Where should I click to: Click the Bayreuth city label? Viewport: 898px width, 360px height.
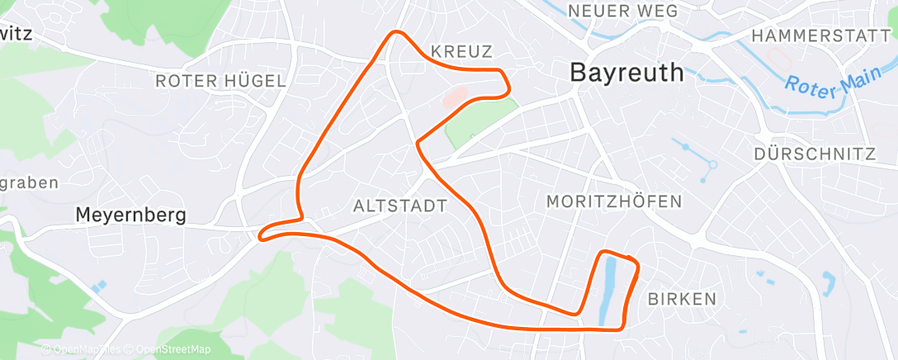click(627, 73)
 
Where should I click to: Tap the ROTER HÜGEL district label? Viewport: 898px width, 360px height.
click(220, 81)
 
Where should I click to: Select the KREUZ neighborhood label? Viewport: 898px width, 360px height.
click(461, 51)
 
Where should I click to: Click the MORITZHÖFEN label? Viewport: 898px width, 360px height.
click(614, 201)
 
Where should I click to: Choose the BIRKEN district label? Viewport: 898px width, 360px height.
click(683, 299)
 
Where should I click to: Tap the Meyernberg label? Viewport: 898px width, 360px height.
click(130, 216)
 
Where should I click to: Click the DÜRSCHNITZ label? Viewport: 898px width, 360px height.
click(815, 154)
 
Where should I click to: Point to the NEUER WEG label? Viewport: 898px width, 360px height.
click(623, 11)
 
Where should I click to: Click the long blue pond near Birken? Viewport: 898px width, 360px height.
click(609, 289)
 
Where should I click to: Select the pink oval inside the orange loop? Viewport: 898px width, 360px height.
click(455, 99)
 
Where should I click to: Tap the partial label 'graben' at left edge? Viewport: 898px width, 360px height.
click(30, 182)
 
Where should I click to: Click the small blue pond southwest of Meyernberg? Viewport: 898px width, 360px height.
click(99, 286)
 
